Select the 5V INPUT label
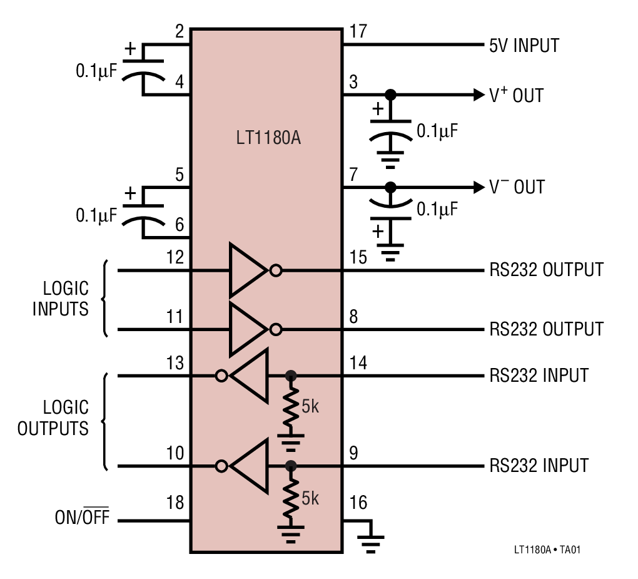click(524, 46)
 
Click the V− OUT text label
click(517, 187)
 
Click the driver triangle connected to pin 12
click(247, 270)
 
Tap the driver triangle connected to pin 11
click(247, 329)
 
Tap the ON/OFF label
click(81, 518)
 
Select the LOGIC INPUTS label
click(61, 299)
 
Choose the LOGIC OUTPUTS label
click(54, 418)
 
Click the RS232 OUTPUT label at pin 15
click(546, 270)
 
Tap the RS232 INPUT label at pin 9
click(539, 466)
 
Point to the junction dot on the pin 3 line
click(390, 95)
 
